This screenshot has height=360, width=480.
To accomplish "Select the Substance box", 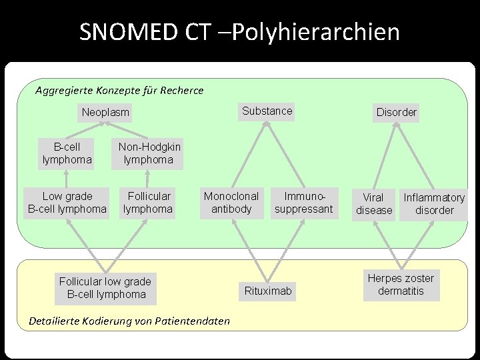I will [267, 111].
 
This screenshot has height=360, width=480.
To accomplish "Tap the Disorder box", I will [397, 112].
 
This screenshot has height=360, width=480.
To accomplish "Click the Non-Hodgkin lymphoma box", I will [149, 153].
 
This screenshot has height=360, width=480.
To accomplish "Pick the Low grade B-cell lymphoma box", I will [67, 203].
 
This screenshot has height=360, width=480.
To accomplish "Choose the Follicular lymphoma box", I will [148, 203].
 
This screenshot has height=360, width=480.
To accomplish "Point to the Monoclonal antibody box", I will [231, 203].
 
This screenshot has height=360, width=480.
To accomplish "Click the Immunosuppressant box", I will [304, 203].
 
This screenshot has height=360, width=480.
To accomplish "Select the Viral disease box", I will [374, 204].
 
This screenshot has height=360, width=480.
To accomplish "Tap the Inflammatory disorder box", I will [434, 204].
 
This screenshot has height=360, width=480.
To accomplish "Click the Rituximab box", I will [268, 291].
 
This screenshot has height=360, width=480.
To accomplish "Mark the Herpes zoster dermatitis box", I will [401, 285].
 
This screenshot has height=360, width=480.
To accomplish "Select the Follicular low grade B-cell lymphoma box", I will [105, 288].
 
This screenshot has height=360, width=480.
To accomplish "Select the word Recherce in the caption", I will [181, 90].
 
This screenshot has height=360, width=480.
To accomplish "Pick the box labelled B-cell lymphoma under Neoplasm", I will [67, 153].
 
